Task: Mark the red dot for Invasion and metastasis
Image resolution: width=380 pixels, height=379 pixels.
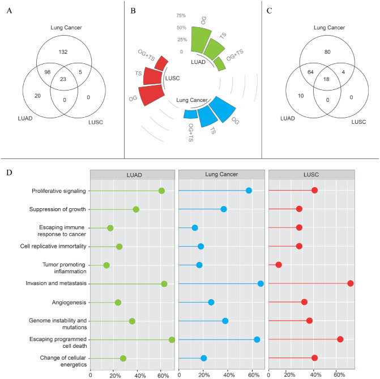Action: point(351,283)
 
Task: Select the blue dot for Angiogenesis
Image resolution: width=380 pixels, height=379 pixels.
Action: point(211,302)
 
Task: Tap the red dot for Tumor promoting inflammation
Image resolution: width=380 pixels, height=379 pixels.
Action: point(279,265)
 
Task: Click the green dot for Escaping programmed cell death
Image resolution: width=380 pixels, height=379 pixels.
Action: point(172,339)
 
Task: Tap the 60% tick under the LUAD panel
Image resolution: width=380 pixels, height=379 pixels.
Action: point(162,374)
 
